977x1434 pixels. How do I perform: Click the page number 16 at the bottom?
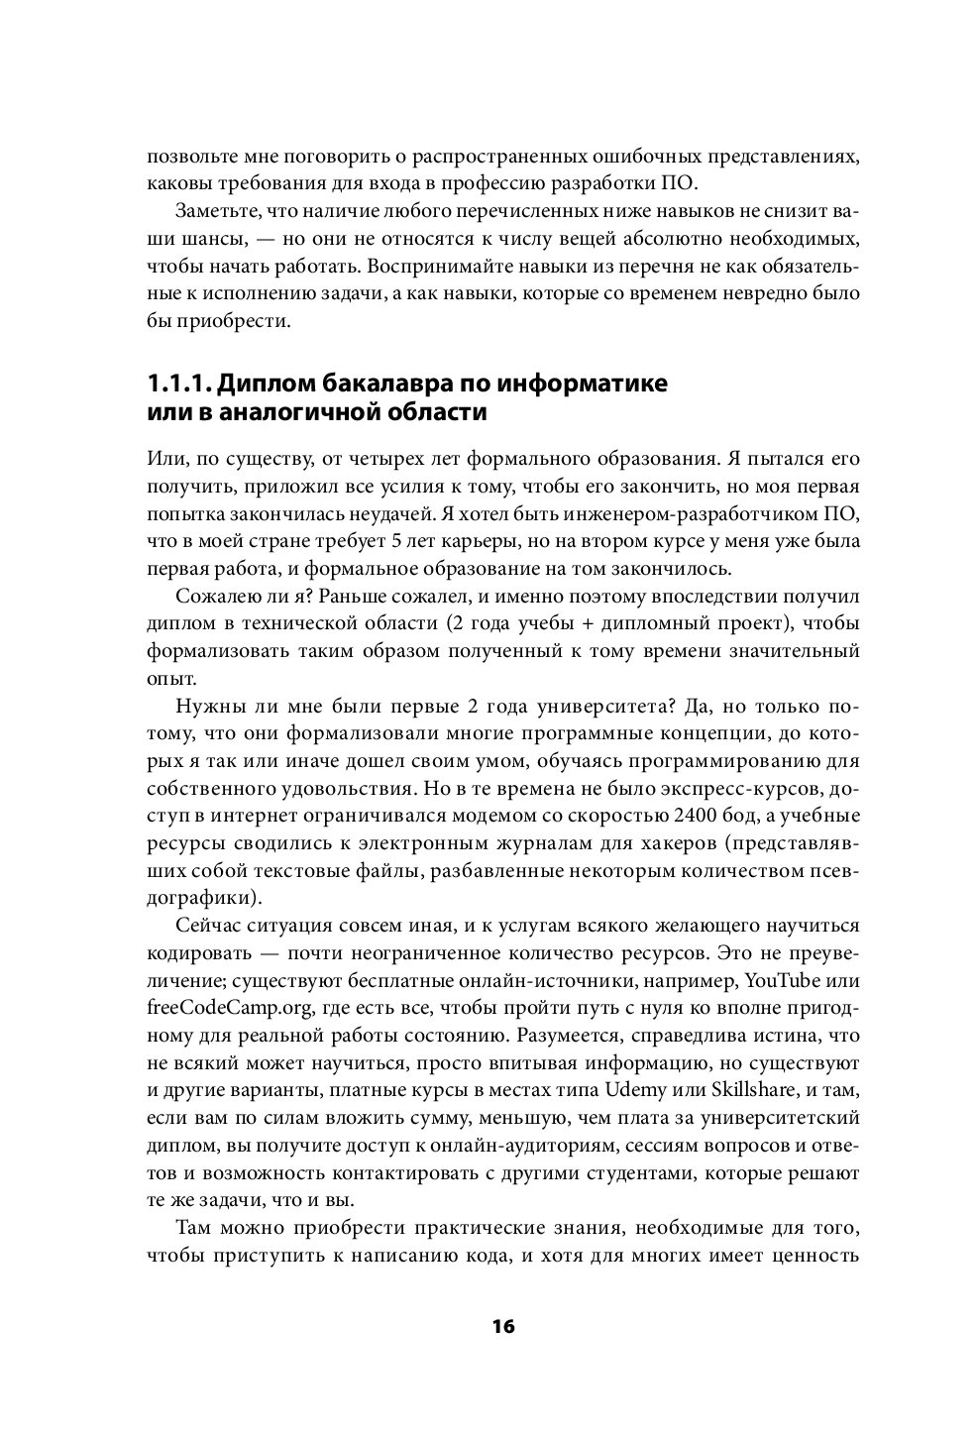[x=502, y=1327]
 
